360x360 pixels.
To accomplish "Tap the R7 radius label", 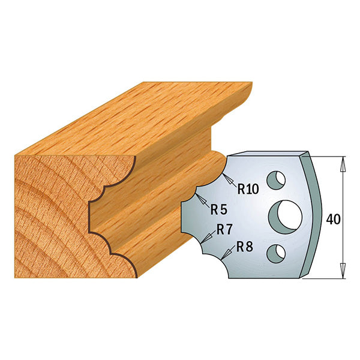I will pyautogui.click(x=226, y=229).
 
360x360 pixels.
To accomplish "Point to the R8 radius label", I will pyautogui.click(x=244, y=246).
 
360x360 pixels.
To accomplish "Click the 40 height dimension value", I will pyautogui.click(x=334, y=219).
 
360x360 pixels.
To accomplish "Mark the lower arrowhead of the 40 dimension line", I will pyautogui.click(x=343, y=272).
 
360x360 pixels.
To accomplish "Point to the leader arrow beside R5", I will pyautogui.click(x=202, y=199).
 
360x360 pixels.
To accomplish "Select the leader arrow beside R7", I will pyautogui.click(x=208, y=235).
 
